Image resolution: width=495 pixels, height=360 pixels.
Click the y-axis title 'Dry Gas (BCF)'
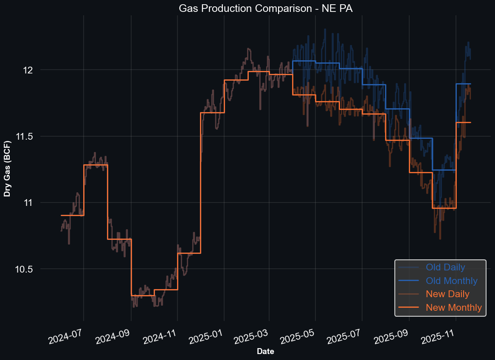click(x=7, y=168)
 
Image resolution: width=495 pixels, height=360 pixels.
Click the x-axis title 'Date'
click(x=265, y=352)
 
